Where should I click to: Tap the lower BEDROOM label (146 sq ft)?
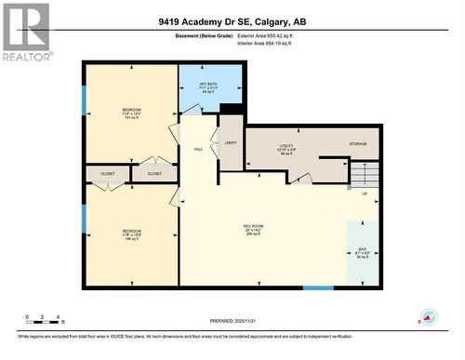[131, 233]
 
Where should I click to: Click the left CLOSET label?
[108, 173]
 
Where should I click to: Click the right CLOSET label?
[154, 173]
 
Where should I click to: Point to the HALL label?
[198, 149]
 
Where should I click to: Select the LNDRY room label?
[231, 142]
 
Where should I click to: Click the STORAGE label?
[358, 144]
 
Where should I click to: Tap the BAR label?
[363, 250]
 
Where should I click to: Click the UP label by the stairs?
[365, 194]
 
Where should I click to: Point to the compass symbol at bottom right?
[428, 317]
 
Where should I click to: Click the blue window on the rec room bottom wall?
[317, 287]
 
